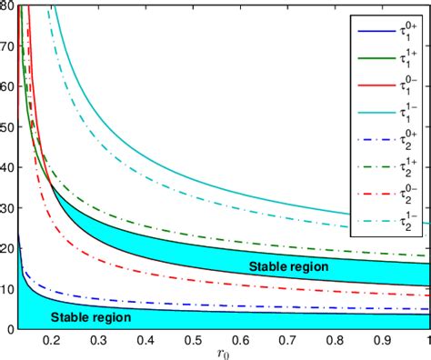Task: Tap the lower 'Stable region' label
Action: tap(91, 317)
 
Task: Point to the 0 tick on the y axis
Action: tap(10, 328)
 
